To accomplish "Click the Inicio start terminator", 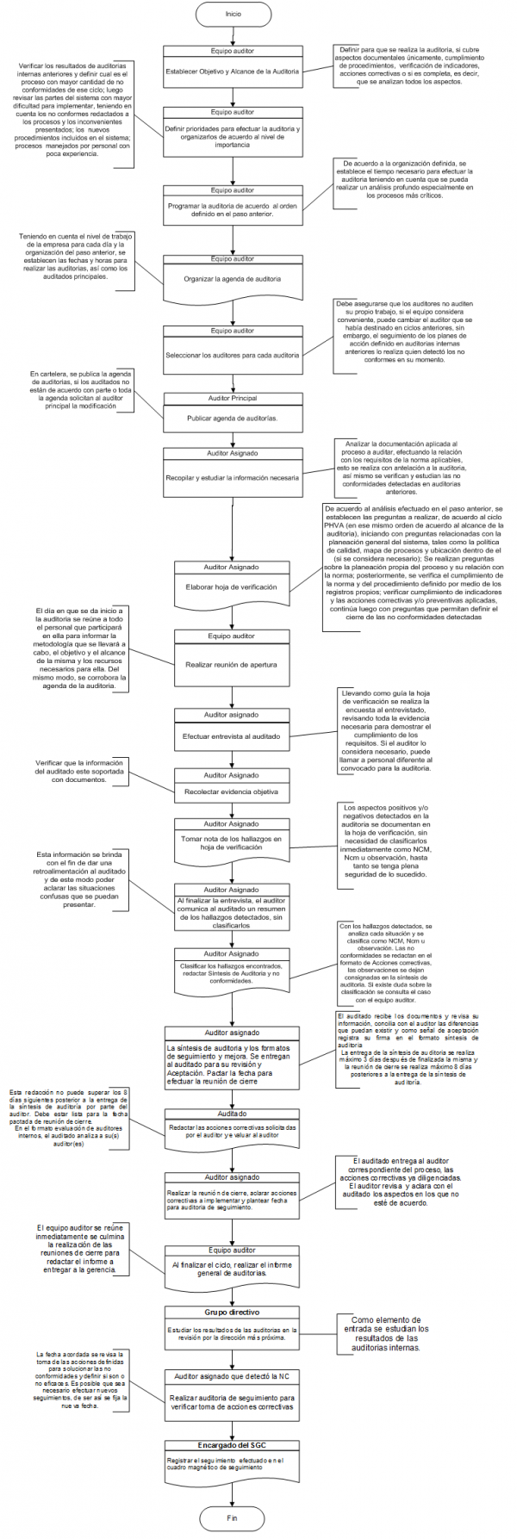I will (x=233, y=14).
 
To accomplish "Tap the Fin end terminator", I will (x=232, y=1517).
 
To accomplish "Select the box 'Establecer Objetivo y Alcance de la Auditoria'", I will (x=232, y=71).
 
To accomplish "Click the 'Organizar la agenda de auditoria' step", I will (x=232, y=279).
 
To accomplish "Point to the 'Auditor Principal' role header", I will (x=232, y=399).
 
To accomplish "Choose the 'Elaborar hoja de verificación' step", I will (x=232, y=587).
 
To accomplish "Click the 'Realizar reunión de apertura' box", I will (x=232, y=664).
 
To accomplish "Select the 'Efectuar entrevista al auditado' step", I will (x=232, y=736).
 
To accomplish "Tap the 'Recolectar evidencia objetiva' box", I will (x=232, y=791).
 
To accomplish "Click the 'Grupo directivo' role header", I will (x=232, y=1312).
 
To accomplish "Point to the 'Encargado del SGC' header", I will (x=232, y=1445).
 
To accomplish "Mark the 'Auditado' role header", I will (x=232, y=1114).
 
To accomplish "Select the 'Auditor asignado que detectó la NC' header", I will (x=232, y=1377).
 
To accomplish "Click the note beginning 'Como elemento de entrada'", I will (x=386, y=1333).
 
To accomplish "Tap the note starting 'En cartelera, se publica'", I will (x=80, y=390).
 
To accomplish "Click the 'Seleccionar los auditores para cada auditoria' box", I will (x=232, y=355).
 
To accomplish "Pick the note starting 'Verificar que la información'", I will (x=79, y=772).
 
